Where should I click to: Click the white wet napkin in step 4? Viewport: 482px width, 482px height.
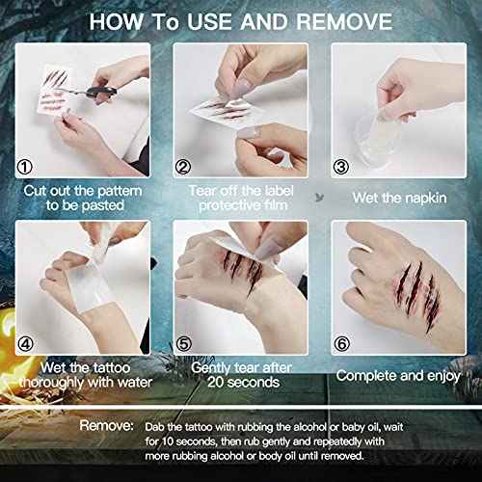67,280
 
